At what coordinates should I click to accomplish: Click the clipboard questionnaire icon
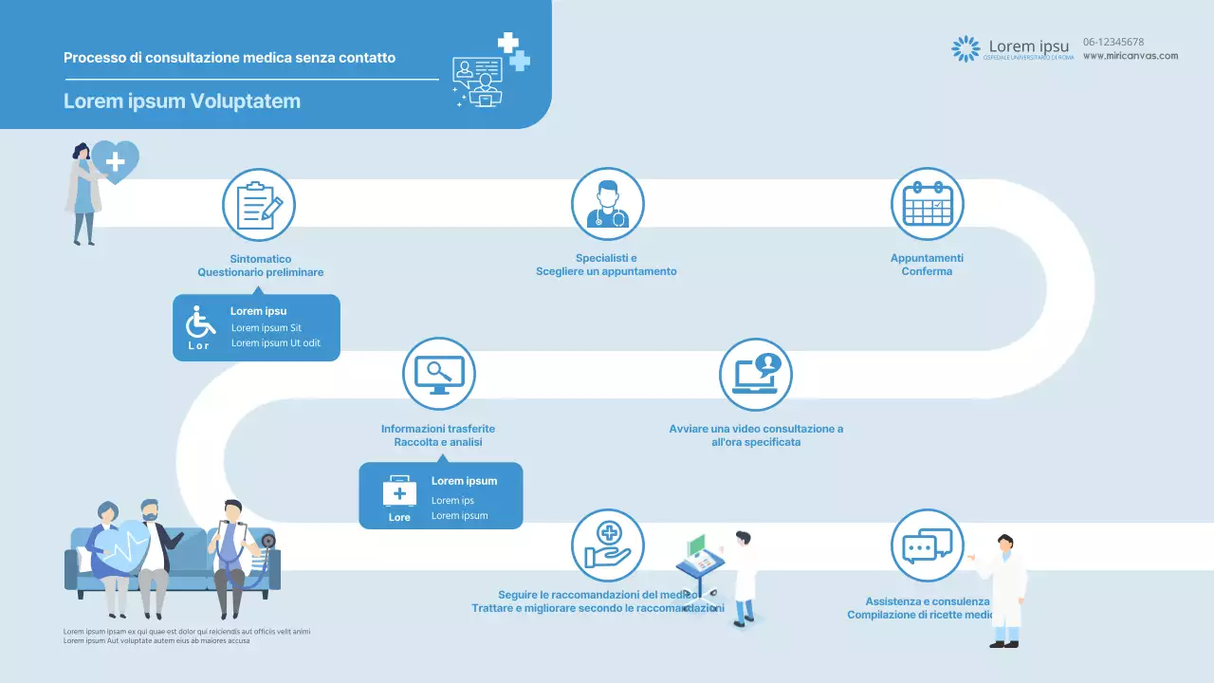click(x=259, y=205)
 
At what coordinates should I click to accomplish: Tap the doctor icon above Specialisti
click(x=607, y=205)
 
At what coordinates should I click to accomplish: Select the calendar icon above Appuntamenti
click(x=927, y=205)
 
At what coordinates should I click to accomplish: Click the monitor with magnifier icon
click(x=438, y=374)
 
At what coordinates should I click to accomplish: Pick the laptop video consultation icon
click(x=755, y=374)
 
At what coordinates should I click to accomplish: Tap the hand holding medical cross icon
click(x=607, y=545)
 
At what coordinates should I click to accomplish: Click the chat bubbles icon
click(x=927, y=545)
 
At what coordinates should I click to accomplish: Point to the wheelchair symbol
click(x=199, y=323)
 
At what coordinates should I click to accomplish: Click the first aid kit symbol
click(x=399, y=492)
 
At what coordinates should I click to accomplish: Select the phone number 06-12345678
click(x=1113, y=42)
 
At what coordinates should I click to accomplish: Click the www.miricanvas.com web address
click(x=1131, y=56)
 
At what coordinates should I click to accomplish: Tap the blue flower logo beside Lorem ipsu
click(x=966, y=48)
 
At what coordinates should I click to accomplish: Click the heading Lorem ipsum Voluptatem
click(x=182, y=101)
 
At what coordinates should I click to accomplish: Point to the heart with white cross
click(x=117, y=160)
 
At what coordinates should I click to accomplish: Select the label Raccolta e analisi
click(x=438, y=442)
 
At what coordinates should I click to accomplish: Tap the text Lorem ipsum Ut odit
click(x=276, y=343)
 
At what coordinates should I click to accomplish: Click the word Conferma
click(x=927, y=271)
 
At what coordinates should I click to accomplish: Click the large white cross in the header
click(x=508, y=42)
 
